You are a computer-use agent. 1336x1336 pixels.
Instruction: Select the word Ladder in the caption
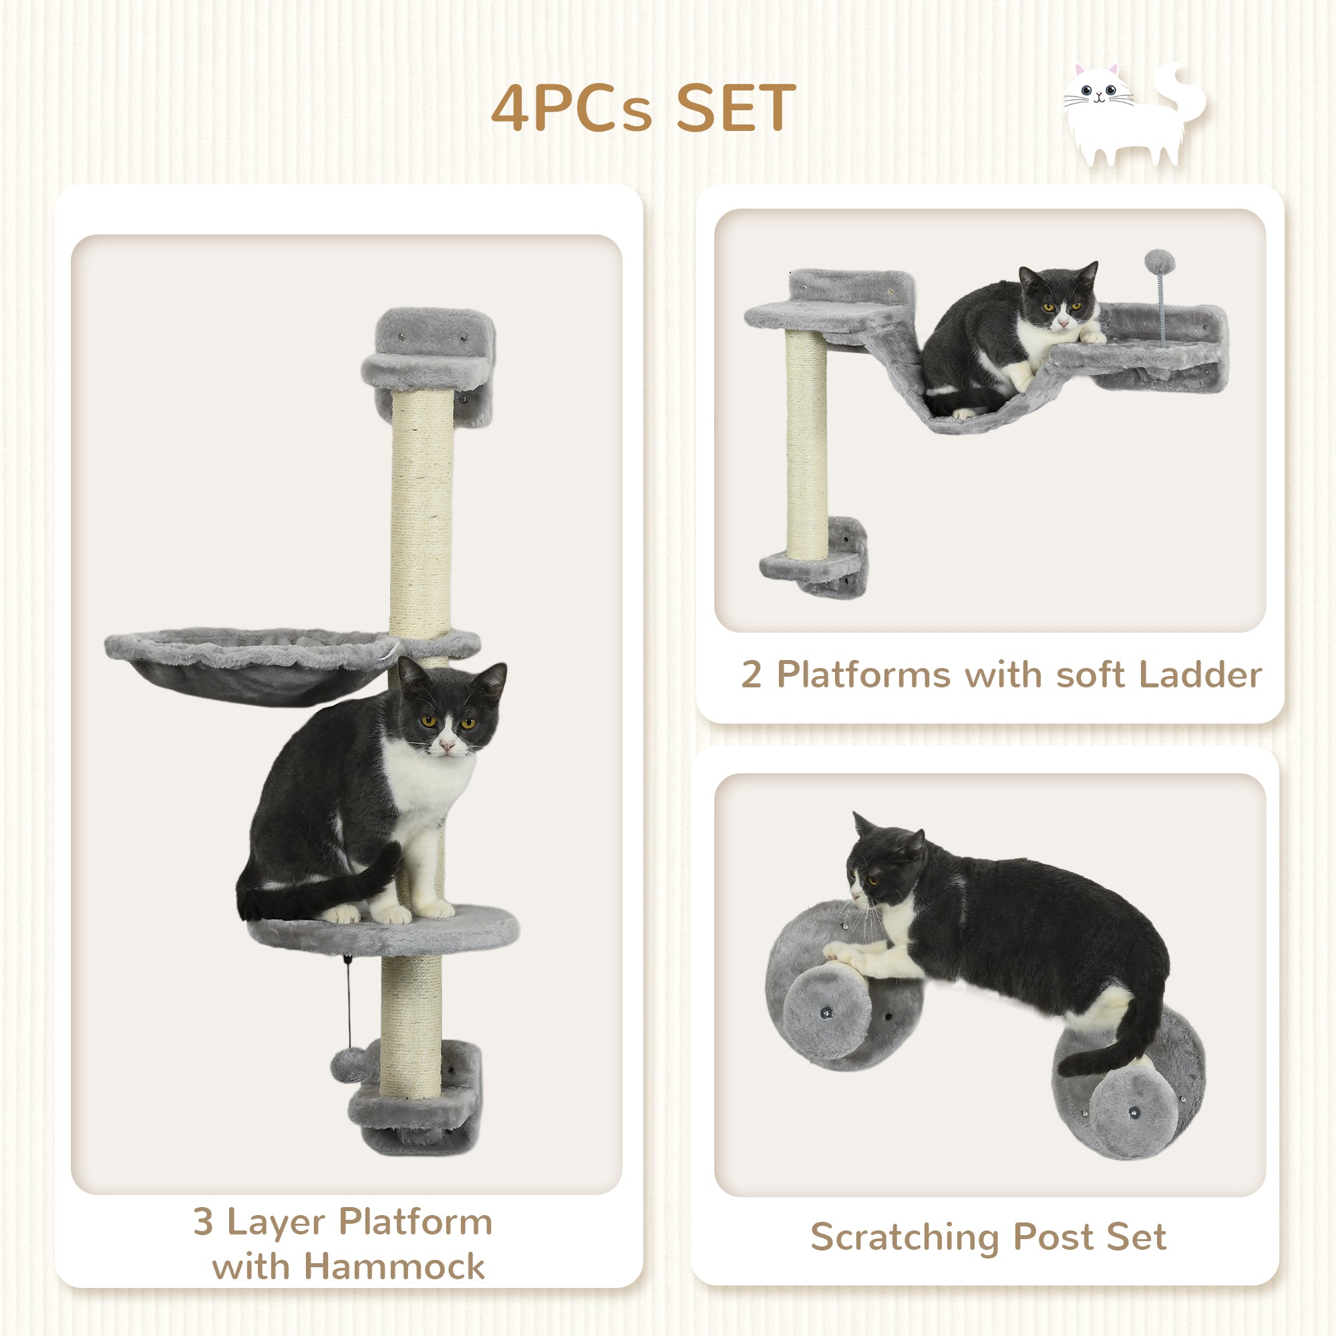[1200, 674]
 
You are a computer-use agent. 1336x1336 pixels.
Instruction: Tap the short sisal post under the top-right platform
[806, 443]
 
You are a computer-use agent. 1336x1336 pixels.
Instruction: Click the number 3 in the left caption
[202, 1221]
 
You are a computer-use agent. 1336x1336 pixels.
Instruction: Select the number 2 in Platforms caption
[751, 674]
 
